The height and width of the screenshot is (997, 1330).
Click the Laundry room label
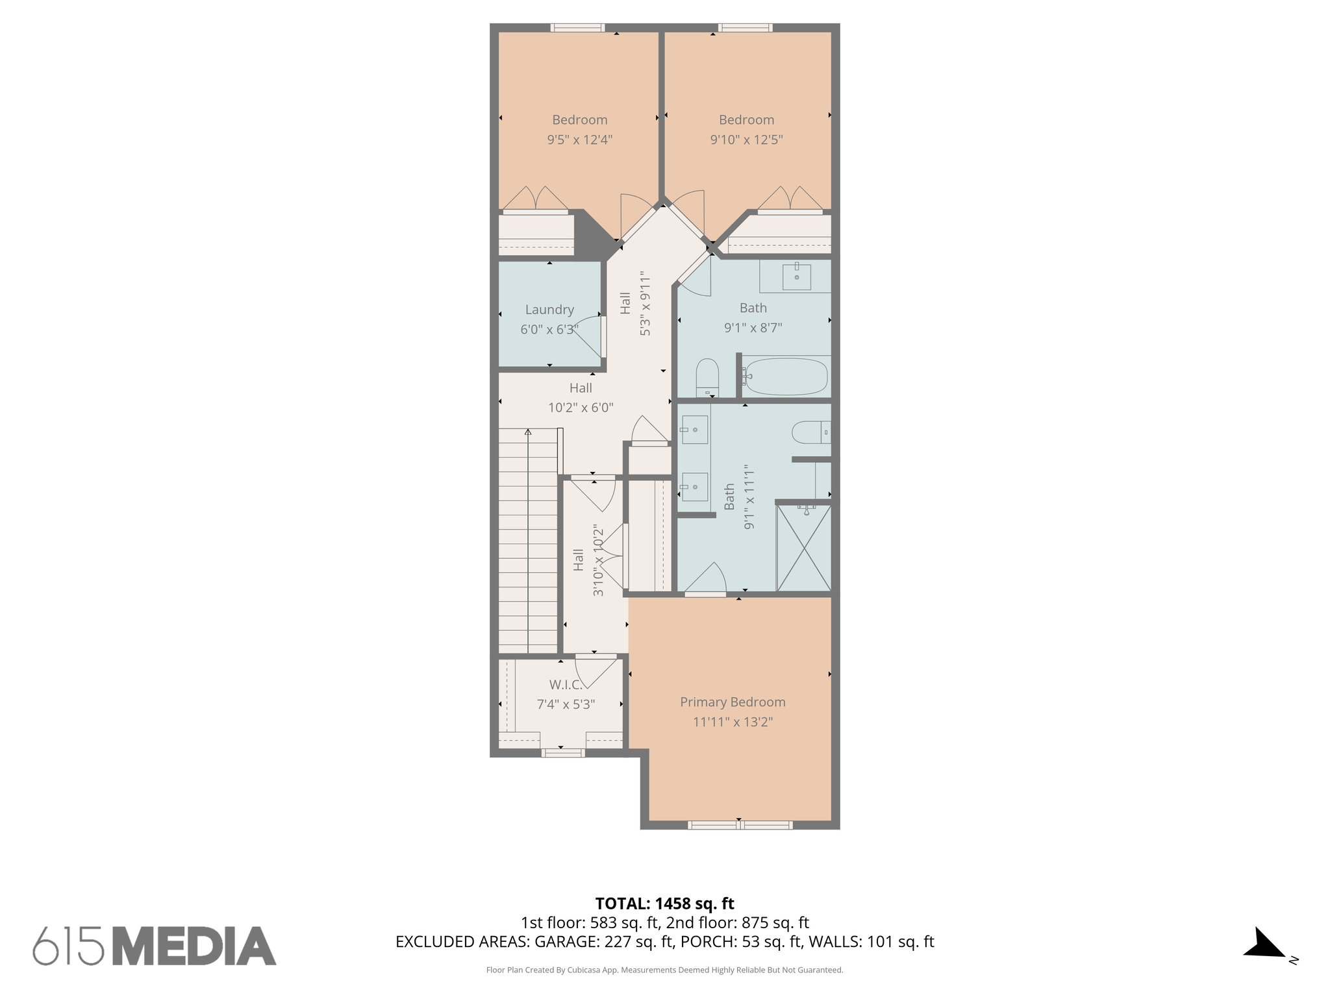[x=549, y=310]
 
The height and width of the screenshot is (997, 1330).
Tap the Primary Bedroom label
[x=733, y=702]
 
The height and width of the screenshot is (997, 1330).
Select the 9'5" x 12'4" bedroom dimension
[x=579, y=140]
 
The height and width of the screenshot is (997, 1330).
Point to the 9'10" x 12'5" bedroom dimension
[x=746, y=140]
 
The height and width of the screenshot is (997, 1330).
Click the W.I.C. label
[x=565, y=684]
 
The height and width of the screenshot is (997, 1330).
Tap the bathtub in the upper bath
[x=786, y=376]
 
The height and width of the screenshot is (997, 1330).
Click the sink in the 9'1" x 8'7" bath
[x=796, y=277]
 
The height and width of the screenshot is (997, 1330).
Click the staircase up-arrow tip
[x=528, y=431]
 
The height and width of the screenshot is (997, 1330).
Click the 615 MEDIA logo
[x=155, y=945]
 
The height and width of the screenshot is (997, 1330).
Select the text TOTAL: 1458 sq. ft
[x=664, y=903]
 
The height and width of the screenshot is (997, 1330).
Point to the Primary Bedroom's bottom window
[x=740, y=825]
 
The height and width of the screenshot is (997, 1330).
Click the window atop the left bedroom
[x=577, y=28]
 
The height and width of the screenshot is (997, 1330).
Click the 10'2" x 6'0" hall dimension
[x=580, y=408]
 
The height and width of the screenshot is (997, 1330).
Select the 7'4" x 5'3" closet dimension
[x=565, y=704]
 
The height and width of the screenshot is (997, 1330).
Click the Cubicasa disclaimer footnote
[x=664, y=970]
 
